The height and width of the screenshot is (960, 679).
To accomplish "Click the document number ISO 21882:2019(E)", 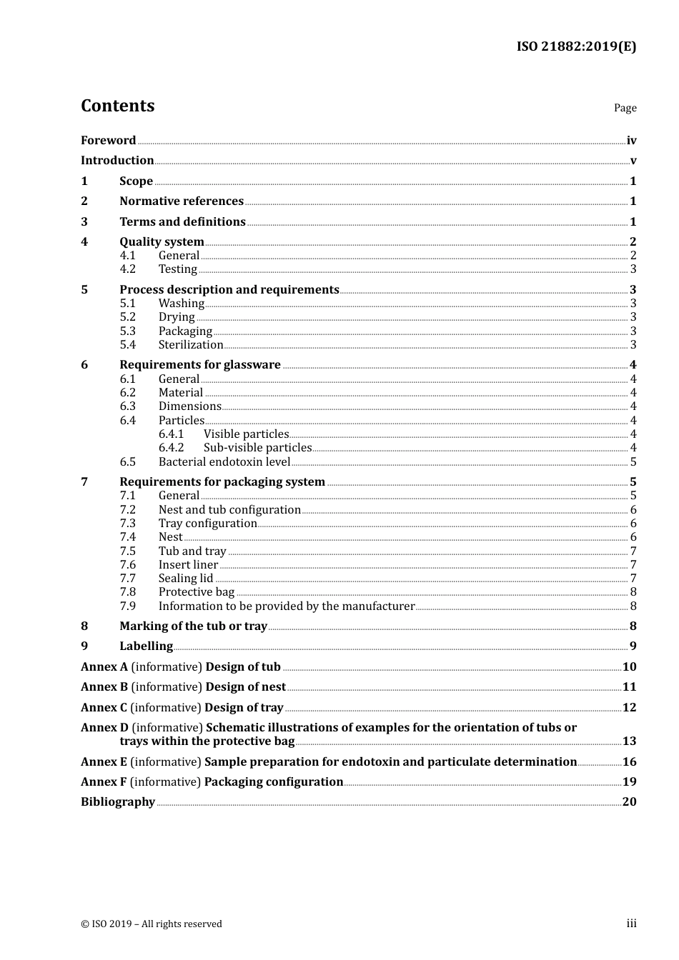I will (576, 46).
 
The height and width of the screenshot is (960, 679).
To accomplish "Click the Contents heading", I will (117, 106).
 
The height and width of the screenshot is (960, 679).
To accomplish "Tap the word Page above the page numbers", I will (625, 108).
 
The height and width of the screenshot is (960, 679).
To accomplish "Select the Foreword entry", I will (108, 141).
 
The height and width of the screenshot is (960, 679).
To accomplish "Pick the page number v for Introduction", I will (633, 161).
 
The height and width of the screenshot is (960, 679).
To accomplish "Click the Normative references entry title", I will (182, 201).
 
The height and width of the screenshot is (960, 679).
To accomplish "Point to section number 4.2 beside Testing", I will (127, 269).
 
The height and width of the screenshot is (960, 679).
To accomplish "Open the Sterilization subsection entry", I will (191, 345).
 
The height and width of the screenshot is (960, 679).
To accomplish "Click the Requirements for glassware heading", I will (200, 365).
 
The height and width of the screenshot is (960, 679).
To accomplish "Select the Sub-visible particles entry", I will (257, 448).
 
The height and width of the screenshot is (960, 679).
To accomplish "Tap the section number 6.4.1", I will (171, 434).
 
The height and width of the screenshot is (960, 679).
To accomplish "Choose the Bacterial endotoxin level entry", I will (224, 462).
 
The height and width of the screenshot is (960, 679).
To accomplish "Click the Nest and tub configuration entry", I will (229, 510).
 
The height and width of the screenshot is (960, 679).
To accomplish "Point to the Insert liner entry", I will (188, 565).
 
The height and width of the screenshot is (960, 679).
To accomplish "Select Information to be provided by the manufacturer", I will (287, 606).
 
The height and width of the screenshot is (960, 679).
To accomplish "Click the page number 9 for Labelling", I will (633, 646).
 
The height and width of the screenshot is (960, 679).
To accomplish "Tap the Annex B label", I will (104, 687).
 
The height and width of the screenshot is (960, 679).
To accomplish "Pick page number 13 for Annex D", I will (629, 741).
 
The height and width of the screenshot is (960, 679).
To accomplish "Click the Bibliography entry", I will (118, 802).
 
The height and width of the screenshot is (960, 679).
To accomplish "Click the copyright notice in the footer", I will (152, 924).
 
